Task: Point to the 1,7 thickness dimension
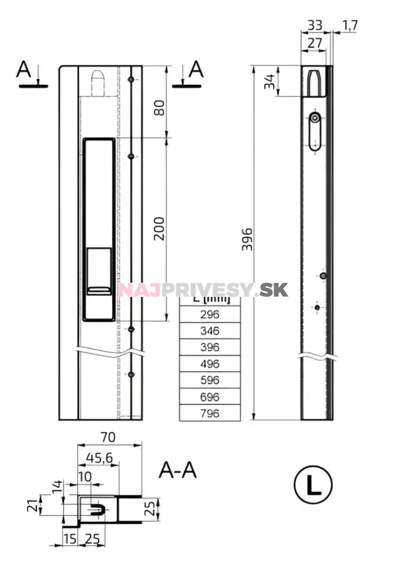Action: (x=350, y=25)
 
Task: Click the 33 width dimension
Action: (x=315, y=25)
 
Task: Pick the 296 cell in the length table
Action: (x=210, y=315)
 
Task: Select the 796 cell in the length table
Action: (x=210, y=413)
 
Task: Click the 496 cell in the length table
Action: (x=210, y=364)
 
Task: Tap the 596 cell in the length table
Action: (x=210, y=380)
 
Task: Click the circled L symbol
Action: (x=313, y=485)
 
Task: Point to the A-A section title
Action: (x=178, y=470)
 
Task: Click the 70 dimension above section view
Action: (x=108, y=437)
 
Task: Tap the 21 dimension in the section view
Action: (x=34, y=504)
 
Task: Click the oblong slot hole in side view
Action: (x=314, y=131)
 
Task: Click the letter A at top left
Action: (x=24, y=70)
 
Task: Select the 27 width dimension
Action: (x=315, y=43)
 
